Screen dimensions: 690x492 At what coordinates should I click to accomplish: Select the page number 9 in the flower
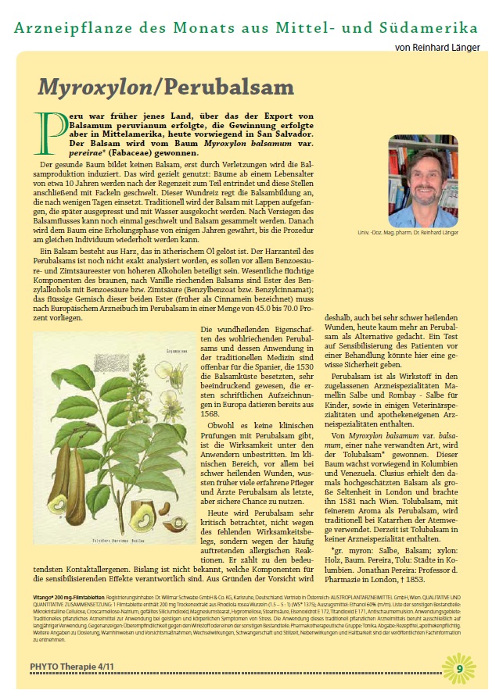coord(460,668)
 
